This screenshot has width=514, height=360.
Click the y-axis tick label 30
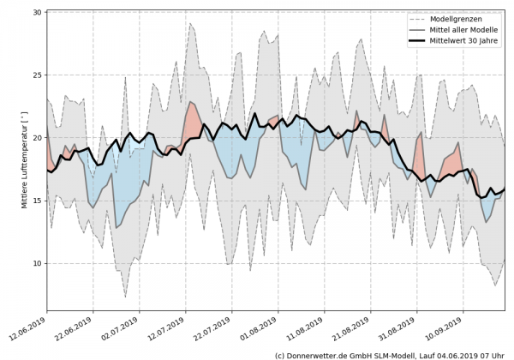(37, 13)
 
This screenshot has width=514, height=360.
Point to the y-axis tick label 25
(37, 75)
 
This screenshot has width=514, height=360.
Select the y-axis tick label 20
(37, 138)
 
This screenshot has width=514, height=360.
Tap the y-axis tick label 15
(37, 201)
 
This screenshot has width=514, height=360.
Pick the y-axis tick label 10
(37, 263)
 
